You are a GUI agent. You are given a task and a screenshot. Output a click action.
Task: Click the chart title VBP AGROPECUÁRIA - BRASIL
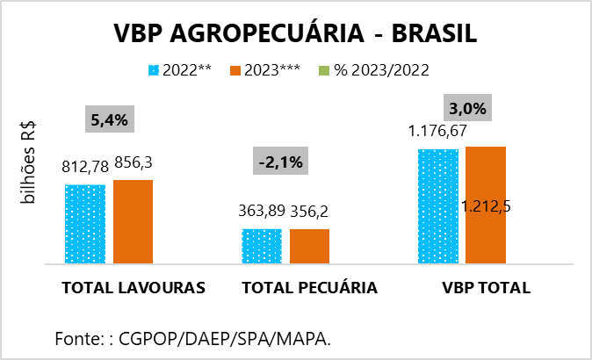(295, 32)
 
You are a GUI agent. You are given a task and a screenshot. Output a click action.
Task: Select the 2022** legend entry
(180, 69)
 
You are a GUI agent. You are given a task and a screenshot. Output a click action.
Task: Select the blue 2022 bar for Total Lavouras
(84, 224)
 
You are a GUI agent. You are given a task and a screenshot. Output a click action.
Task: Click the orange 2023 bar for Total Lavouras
(133, 221)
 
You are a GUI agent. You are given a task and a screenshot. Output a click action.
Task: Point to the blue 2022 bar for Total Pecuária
(262, 246)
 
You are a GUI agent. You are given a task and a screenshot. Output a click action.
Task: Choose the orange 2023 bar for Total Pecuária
(309, 246)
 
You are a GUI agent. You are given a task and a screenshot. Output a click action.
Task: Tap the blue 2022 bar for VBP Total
(438, 206)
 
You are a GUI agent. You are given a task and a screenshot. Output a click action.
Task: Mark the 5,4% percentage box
(109, 119)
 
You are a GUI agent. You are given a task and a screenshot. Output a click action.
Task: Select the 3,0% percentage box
(467, 108)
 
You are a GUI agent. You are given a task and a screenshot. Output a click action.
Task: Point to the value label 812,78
(84, 167)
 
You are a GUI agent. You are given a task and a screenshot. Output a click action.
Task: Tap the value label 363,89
(262, 211)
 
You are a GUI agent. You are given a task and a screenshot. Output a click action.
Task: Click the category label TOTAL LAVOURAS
(134, 288)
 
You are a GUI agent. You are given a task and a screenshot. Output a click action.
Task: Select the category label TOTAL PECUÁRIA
(309, 288)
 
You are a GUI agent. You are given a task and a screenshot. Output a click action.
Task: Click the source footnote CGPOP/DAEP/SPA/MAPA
(193, 338)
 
